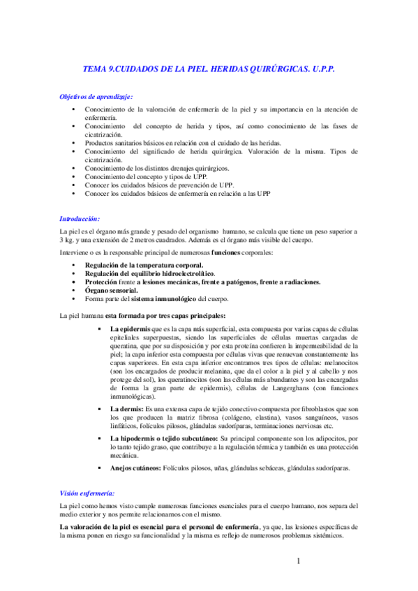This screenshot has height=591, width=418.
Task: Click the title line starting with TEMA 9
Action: (x=209, y=70)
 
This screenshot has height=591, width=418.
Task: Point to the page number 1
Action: (x=298, y=561)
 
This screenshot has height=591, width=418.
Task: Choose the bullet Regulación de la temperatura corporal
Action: (x=144, y=266)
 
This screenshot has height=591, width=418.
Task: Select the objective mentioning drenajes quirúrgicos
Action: (x=156, y=168)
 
